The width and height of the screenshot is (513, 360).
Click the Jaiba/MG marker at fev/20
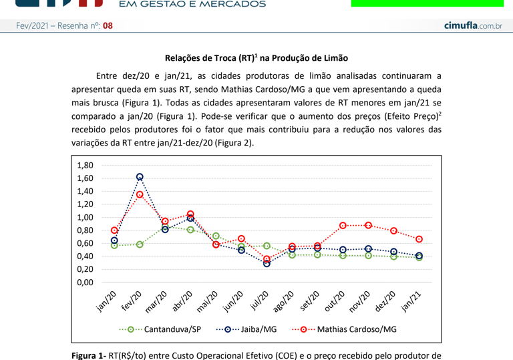pyautogui.click(x=140, y=177)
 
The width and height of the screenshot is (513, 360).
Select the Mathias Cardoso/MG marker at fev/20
pyautogui.click(x=140, y=195)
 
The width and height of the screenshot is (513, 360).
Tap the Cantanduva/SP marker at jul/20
pyautogui.click(x=267, y=246)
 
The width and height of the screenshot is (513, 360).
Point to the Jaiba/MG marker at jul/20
pyautogui.click(x=267, y=263)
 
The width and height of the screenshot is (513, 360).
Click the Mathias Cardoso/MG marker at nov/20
pyautogui.click(x=368, y=225)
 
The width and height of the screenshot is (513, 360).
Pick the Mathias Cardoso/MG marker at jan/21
pyautogui.click(x=419, y=239)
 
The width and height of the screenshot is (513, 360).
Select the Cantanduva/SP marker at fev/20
pyautogui.click(x=140, y=244)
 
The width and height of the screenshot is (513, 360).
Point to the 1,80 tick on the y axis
pyautogui.click(x=85, y=166)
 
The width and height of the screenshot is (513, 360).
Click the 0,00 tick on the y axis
pyautogui.click(x=85, y=283)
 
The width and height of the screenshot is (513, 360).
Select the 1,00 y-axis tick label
pyautogui.click(x=85, y=218)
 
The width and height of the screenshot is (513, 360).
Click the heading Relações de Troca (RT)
pyautogui.click(x=256, y=59)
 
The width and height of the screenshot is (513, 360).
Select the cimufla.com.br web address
pyautogui.click(x=473, y=25)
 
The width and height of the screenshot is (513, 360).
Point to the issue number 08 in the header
pyautogui.click(x=108, y=25)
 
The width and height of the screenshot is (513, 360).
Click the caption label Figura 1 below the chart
pyautogui.click(x=90, y=355)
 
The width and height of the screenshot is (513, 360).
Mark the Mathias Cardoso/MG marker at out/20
pyautogui.click(x=343, y=226)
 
